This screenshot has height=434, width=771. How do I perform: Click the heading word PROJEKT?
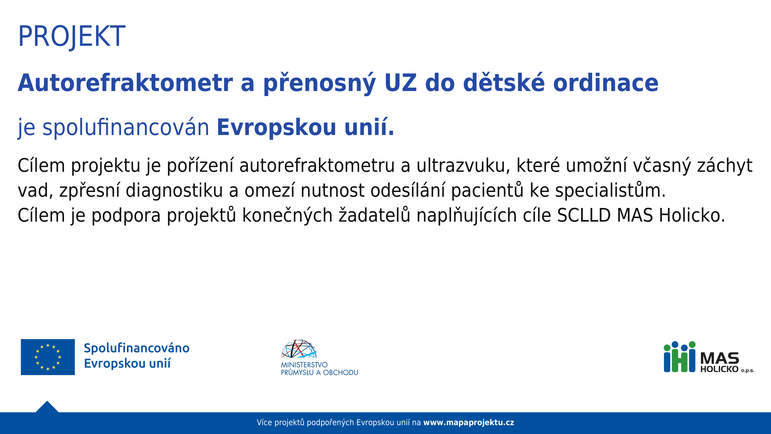pyautogui.click(x=72, y=37)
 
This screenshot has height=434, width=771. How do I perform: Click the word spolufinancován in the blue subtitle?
pyautogui.click(x=126, y=128)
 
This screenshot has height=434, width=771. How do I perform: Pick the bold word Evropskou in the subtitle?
pyautogui.click(x=276, y=128)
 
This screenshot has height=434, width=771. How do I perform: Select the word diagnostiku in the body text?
pyautogui.click(x=174, y=190)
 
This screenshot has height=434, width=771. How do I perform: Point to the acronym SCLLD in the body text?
pyautogui.click(x=584, y=215)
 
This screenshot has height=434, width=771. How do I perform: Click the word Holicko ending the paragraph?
pyautogui.click(x=692, y=215)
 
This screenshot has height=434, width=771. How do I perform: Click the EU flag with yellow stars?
pyautogui.click(x=48, y=357)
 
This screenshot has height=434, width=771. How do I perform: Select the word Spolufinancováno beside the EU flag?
pyautogui.click(x=137, y=348)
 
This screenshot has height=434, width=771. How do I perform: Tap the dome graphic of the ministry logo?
pyautogui.click(x=299, y=349)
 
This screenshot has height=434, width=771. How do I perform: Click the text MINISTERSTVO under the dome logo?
pyautogui.click(x=304, y=365)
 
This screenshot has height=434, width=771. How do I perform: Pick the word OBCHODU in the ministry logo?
pyautogui.click(x=341, y=373)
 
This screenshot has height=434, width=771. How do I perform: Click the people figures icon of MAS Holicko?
pyautogui.click(x=680, y=357)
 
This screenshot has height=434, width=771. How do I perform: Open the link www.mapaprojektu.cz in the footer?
pyautogui.click(x=469, y=423)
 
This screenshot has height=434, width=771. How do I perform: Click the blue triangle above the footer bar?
pyautogui.click(x=47, y=407)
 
